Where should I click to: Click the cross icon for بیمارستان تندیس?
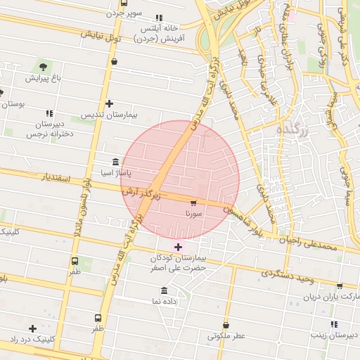coord(109,104)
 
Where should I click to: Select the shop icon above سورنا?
coord(193,202)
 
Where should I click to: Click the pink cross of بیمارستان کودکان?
coord(178,247)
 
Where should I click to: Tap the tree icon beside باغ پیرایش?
coord(44,66)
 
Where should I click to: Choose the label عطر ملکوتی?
coord(226,336)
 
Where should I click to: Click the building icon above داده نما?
coord(165,290)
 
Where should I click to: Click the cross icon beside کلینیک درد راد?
coord(32,328)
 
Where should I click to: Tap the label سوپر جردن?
coord(124,13)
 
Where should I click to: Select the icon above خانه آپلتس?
coord(159,18)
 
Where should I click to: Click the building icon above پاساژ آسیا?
coord(115,161)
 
